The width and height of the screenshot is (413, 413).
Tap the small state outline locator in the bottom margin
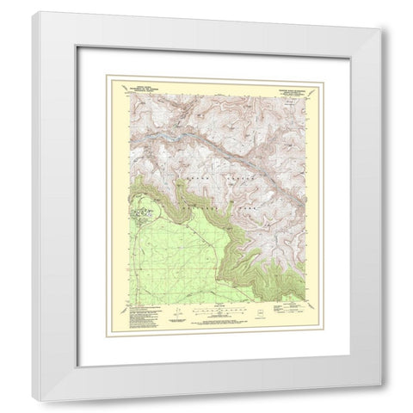(259, 307)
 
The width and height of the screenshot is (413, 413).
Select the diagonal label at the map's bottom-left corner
(130, 300)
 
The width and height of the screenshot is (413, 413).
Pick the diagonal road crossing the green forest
(172, 258)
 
